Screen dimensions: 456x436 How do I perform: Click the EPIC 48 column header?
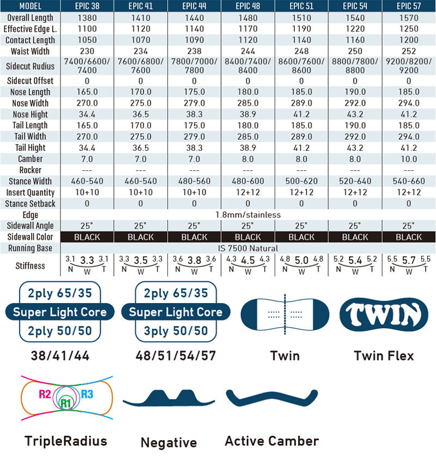[248, 7]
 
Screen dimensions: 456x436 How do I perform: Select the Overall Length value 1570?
[409, 18]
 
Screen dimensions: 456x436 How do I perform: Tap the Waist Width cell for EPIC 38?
[87, 51]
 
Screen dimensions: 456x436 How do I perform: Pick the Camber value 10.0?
[409, 159]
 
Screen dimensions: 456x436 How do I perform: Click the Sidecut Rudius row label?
[30, 66]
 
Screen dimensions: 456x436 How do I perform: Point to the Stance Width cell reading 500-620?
[301, 181]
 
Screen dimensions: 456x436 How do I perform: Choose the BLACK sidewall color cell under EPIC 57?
[409, 237]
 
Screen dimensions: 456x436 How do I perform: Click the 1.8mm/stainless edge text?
[248, 214]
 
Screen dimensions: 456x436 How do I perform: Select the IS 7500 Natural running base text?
[248, 248]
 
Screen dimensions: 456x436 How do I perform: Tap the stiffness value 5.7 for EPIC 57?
[409, 261]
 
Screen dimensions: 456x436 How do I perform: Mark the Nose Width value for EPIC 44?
[195, 103]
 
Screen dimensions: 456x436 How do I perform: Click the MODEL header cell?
[30, 7]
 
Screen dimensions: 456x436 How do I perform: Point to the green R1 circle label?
[66, 404]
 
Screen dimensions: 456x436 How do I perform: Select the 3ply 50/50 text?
[175, 331]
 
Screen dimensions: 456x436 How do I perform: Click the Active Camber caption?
[271, 441]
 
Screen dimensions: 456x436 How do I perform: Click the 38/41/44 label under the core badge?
[60, 356]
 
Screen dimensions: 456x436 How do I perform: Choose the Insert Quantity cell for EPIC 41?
[141, 192]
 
